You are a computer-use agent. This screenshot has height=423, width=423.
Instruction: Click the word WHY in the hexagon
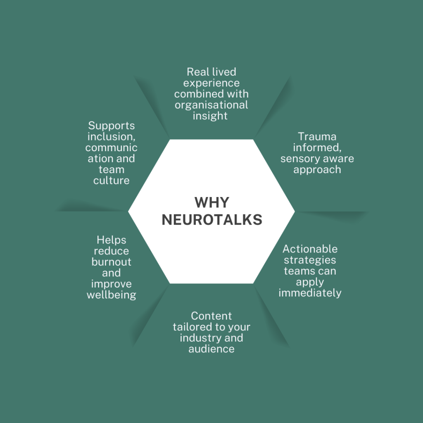211,202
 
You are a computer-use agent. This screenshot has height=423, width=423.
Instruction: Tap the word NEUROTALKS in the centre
211,220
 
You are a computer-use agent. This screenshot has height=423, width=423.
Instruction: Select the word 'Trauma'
317,136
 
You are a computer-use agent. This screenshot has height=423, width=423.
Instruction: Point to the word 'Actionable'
310,249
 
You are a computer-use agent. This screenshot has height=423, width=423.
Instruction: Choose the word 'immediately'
310,293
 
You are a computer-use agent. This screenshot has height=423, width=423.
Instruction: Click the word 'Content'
211,316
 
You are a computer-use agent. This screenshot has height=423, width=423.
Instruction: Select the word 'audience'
211,349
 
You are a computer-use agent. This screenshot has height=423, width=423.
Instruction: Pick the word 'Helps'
111,240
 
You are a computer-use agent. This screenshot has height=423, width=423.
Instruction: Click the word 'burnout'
111,262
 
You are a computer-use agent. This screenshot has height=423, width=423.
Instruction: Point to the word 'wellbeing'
111,295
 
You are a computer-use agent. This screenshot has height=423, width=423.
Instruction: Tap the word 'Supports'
111,126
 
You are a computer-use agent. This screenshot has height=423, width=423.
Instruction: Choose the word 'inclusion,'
111,137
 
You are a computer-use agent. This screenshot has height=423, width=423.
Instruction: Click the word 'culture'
111,181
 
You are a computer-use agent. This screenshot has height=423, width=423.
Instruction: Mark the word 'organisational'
211,105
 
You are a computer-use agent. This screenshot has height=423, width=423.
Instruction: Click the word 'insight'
210,116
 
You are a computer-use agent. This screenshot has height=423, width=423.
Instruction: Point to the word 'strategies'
310,260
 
